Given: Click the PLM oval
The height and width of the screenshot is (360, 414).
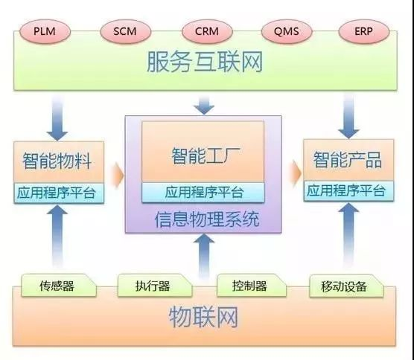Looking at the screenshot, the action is tap(45, 31).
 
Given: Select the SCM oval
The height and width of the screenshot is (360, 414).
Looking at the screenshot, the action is tap(125, 31).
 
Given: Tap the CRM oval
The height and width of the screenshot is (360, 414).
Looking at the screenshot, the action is tap(207, 31).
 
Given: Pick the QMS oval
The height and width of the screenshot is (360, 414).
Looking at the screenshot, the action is tap(287, 31).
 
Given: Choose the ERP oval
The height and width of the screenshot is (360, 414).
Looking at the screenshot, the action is tap(364, 31).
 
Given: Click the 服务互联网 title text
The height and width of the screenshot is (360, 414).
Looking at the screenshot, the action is tap(205, 62).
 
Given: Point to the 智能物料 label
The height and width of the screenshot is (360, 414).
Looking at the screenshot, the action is tap(57, 161).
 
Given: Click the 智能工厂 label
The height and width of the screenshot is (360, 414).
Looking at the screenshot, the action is tap(206, 155).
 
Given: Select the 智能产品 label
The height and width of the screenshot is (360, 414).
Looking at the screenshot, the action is tap(348, 160).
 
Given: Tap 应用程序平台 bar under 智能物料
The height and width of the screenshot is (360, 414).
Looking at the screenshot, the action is tap(59, 193).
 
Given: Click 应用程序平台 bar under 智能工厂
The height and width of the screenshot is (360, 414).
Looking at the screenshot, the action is tap(203, 192).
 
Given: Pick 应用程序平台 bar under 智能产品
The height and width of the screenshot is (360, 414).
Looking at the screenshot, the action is tap(348, 191).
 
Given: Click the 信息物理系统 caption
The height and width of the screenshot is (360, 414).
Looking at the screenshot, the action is tap(207, 219).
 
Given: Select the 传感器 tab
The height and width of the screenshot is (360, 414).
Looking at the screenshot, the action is tap(59, 286).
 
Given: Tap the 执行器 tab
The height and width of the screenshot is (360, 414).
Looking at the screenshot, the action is tap(155, 286).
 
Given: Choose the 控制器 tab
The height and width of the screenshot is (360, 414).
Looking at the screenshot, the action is tap(252, 286).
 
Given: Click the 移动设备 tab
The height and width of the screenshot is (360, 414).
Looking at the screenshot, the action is tap(346, 286).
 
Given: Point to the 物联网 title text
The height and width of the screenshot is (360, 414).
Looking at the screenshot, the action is tap(203, 317).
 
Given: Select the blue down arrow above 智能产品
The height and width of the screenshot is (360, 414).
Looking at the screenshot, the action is tap(348, 117).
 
